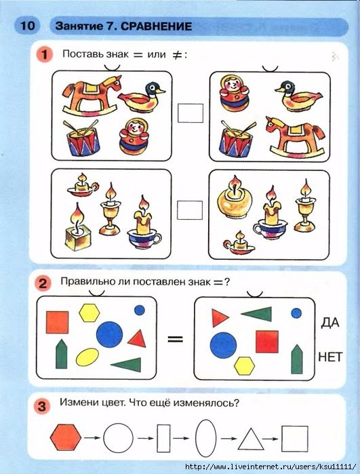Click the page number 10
[x=28, y=25]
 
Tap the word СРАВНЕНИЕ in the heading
[x=157, y=26]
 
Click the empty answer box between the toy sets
[x=191, y=113]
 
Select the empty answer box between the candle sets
[x=190, y=210]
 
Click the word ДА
[x=330, y=323]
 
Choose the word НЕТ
[x=330, y=357]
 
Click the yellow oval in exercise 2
[x=87, y=357]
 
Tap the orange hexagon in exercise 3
[x=66, y=437]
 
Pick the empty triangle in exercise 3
[x=251, y=439]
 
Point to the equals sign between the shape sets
[x=176, y=339]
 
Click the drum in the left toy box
[x=83, y=138]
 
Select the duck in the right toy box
[x=298, y=96]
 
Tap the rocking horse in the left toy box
[x=92, y=96]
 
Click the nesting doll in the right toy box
[x=235, y=93]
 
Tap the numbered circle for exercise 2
[x=43, y=283]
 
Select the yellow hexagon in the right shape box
[x=244, y=366]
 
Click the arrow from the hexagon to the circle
[x=92, y=438]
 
